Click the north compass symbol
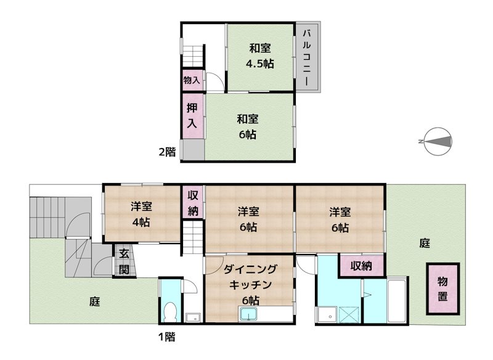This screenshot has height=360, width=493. click(x=437, y=142)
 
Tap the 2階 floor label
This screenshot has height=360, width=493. click(x=167, y=152)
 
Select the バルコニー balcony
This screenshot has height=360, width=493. click(x=306, y=57)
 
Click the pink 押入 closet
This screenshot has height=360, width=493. click(x=192, y=115)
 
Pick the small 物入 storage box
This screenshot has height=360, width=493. click(x=191, y=80)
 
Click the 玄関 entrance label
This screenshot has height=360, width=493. click(x=124, y=261)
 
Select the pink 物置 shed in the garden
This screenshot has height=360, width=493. click(x=443, y=289)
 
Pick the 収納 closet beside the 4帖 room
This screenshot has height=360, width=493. click(x=192, y=203)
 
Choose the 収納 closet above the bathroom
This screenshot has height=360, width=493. click(x=362, y=266)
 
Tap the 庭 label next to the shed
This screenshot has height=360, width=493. click(x=425, y=243)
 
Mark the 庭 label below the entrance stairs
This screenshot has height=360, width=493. click(x=94, y=301)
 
